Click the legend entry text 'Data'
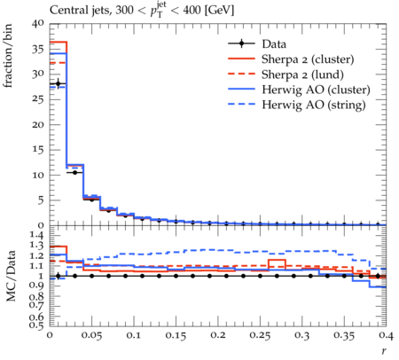coord(274,44)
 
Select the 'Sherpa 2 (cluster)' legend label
coord(308,59)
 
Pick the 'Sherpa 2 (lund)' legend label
coord(302,74)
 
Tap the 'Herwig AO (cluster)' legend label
coord(316,90)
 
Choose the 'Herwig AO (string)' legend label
coord(314,105)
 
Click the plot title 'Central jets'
coord(78,11)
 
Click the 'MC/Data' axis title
coord(11,276)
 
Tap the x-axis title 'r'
coord(384,350)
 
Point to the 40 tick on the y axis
coord(37,23)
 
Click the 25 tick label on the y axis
coord(37,99)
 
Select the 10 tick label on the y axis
coord(37,175)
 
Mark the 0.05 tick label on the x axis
coord(91,335)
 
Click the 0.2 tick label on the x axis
coord(218,335)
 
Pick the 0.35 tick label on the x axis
coord(344,335)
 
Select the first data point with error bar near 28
coord(58,83)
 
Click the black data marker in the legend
coord(241,44)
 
